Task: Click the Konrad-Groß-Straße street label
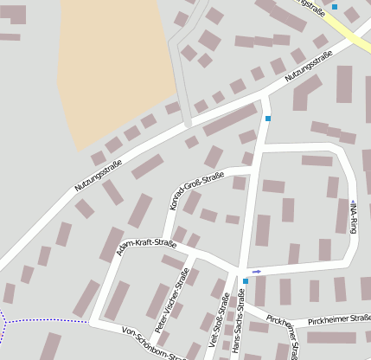coord(194,192)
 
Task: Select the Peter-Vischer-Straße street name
coord(171,301)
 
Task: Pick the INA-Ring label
coord(353,216)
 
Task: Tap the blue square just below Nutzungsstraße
coord(268,119)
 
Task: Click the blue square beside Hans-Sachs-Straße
coord(246,281)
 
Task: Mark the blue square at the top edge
coord(335,6)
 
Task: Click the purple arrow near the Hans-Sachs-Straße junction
coord(256,272)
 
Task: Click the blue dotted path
coord(43,321)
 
